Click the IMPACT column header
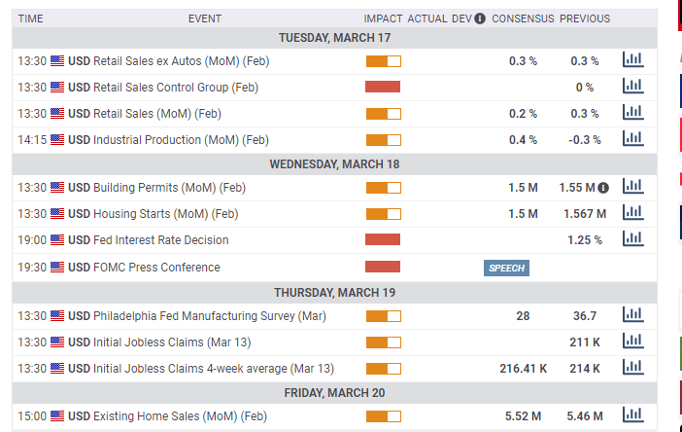(383, 18)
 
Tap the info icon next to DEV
(480, 18)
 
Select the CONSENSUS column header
(523, 18)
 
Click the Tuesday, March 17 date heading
(334, 37)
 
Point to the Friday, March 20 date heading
(334, 393)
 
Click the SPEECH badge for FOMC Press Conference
(506, 268)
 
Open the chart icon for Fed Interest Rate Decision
(632, 239)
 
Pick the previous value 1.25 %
(585, 240)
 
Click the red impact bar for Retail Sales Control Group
(383, 87)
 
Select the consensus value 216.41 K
(523, 369)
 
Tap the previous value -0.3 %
(585, 140)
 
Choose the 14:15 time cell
(32, 140)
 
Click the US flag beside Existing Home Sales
(57, 416)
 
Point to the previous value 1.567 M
(585, 214)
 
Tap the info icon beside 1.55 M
(603, 187)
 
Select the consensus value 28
(523, 316)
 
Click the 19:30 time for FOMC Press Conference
(32, 268)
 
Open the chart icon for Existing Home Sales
(632, 415)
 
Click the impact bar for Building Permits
(383, 188)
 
